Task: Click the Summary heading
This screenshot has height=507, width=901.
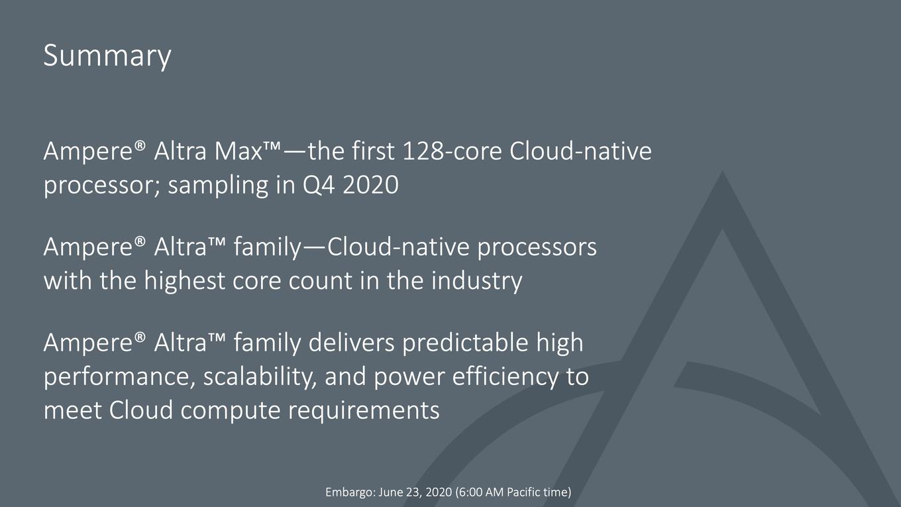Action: pos(107,56)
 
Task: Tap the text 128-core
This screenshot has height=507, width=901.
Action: pos(452,151)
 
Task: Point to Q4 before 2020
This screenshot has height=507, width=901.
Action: pos(319,186)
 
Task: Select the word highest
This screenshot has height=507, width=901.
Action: pos(184,281)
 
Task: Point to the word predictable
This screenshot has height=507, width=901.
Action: pos(465,343)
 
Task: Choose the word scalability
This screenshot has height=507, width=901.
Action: pos(260,377)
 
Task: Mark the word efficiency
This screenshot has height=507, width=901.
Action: pos(505,377)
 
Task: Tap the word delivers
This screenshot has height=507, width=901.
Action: pos(352,343)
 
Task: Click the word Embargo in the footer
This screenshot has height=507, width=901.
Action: pos(350,492)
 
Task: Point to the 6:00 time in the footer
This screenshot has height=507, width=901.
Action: pos(470,492)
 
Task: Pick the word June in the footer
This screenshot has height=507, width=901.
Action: pos(390,492)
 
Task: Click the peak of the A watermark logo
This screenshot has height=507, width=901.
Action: pos(723,172)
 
